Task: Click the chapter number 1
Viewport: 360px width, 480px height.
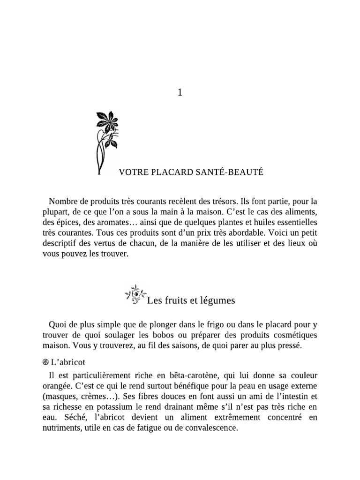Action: pos(180,93)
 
